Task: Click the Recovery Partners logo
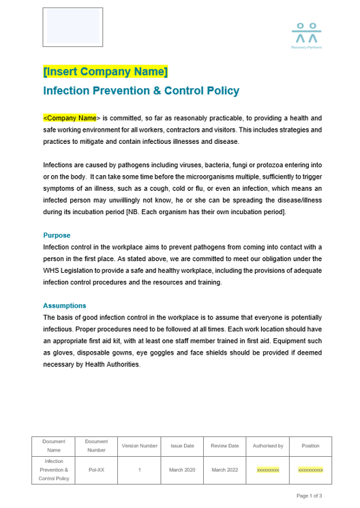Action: [306, 36]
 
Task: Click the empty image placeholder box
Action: [73, 27]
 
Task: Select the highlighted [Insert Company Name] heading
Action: [105, 72]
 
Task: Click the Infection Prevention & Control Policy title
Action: [141, 91]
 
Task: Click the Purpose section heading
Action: [57, 235]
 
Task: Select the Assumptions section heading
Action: [64, 305]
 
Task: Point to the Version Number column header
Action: [140, 446]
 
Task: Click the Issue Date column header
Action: [182, 446]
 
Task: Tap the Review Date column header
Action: [225, 446]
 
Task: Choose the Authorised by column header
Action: [268, 446]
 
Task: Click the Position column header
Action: [310, 446]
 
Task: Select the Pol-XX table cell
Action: [96, 470]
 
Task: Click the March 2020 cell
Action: [182, 470]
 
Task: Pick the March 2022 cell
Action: [225, 470]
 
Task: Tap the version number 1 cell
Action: [140, 470]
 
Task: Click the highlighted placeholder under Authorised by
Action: [268, 470]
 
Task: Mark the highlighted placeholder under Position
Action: [310, 470]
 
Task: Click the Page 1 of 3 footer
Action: [309, 496]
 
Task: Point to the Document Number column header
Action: [96, 446]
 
